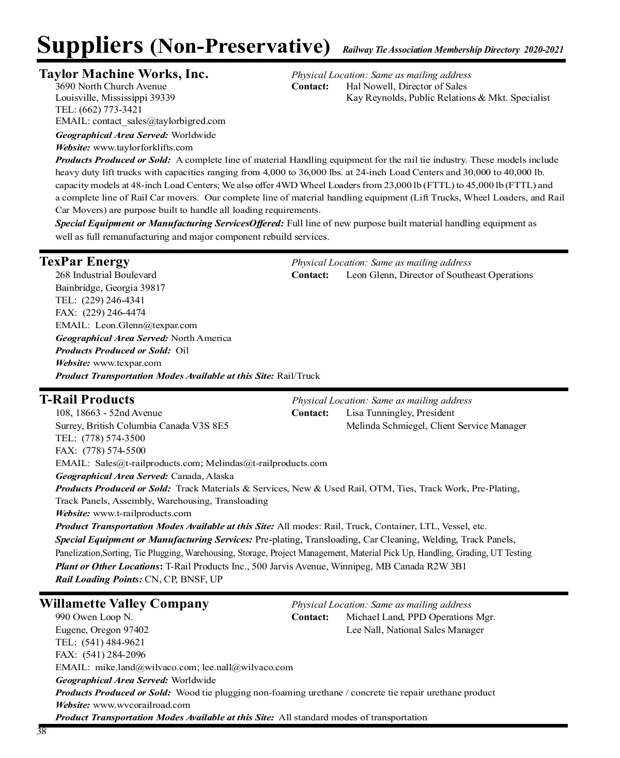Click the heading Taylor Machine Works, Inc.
point(124,74)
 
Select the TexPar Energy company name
point(85,261)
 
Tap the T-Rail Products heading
point(87,399)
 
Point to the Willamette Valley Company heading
point(124,604)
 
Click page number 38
point(41,732)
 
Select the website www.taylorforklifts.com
point(143,148)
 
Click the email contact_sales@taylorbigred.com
point(159,121)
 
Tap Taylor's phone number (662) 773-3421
point(110,110)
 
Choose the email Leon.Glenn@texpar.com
point(146,326)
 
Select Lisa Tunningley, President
point(400,413)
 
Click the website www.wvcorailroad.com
point(142,705)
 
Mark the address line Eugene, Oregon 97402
point(102,630)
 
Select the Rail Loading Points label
point(99,579)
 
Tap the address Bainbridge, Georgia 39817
point(110,288)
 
